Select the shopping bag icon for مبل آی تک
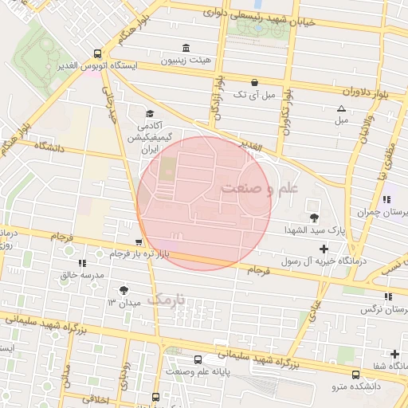pos(254,81)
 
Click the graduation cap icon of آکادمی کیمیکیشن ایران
pos(149,114)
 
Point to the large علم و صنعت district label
pos(259,189)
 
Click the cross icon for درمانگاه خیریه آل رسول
pos(323,249)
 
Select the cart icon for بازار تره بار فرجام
pos(139,241)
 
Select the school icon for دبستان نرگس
pos(387,296)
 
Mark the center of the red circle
pos(204,203)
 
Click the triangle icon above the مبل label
pos(342,108)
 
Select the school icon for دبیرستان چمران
pos(386,199)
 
